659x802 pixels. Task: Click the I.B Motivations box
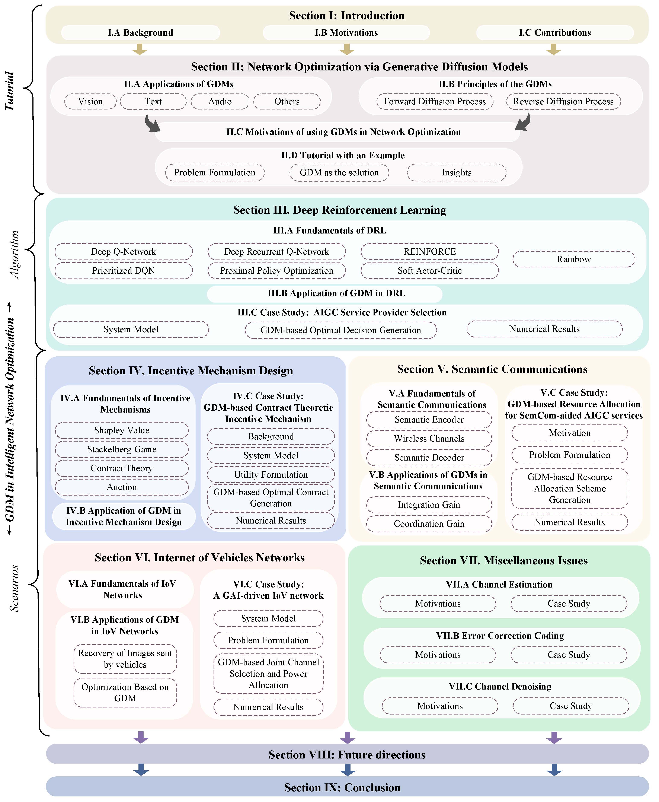(346, 33)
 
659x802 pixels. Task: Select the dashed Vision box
(90, 101)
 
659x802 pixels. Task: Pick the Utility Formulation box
(271, 475)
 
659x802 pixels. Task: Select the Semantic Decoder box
(429, 458)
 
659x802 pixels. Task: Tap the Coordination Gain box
(429, 524)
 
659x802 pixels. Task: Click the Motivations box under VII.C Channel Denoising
(440, 706)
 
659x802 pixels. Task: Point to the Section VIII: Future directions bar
(347, 755)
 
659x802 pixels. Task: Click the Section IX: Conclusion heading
(342, 787)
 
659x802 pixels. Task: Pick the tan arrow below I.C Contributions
(553, 49)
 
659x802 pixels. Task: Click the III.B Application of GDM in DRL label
(336, 293)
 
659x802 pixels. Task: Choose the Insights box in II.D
(456, 172)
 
